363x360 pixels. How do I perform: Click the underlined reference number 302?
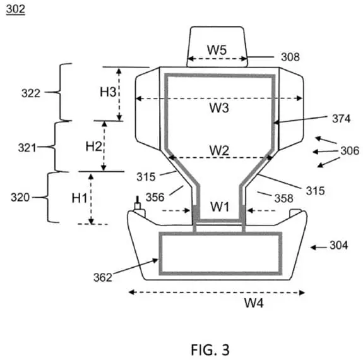pyautogui.click(x=16, y=9)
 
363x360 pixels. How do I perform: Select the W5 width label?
pyautogui.click(x=217, y=49)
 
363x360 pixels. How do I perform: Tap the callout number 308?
pyautogui.click(x=290, y=57)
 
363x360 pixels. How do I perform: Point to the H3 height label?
pyautogui.click(x=108, y=92)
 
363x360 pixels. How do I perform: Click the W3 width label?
pyautogui.click(x=219, y=108)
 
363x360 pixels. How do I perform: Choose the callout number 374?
pyautogui.click(x=342, y=119)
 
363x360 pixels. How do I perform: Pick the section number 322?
pyautogui.click(x=31, y=93)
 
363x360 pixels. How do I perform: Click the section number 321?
pyautogui.click(x=27, y=148)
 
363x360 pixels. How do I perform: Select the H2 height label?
pyautogui.click(x=93, y=147)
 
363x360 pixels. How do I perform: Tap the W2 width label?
pyautogui.click(x=219, y=150)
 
